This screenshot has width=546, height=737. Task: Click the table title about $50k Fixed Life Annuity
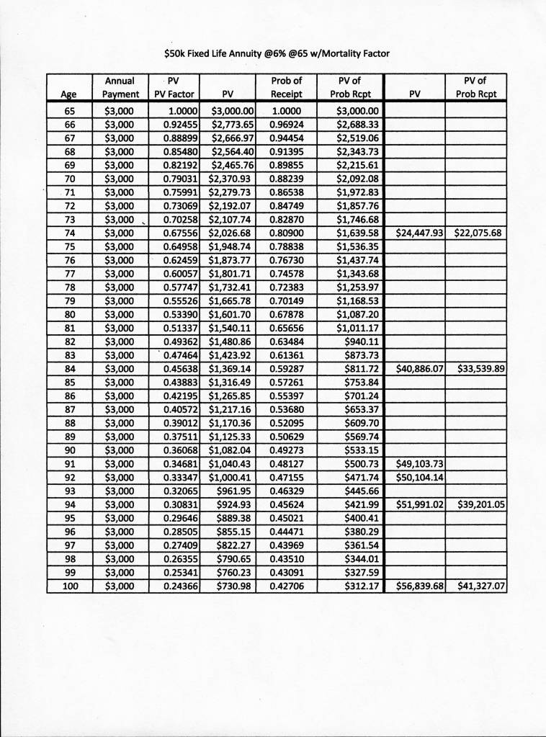[x=277, y=53]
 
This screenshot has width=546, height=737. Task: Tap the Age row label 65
[x=70, y=111]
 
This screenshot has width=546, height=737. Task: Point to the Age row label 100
[x=70, y=586]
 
